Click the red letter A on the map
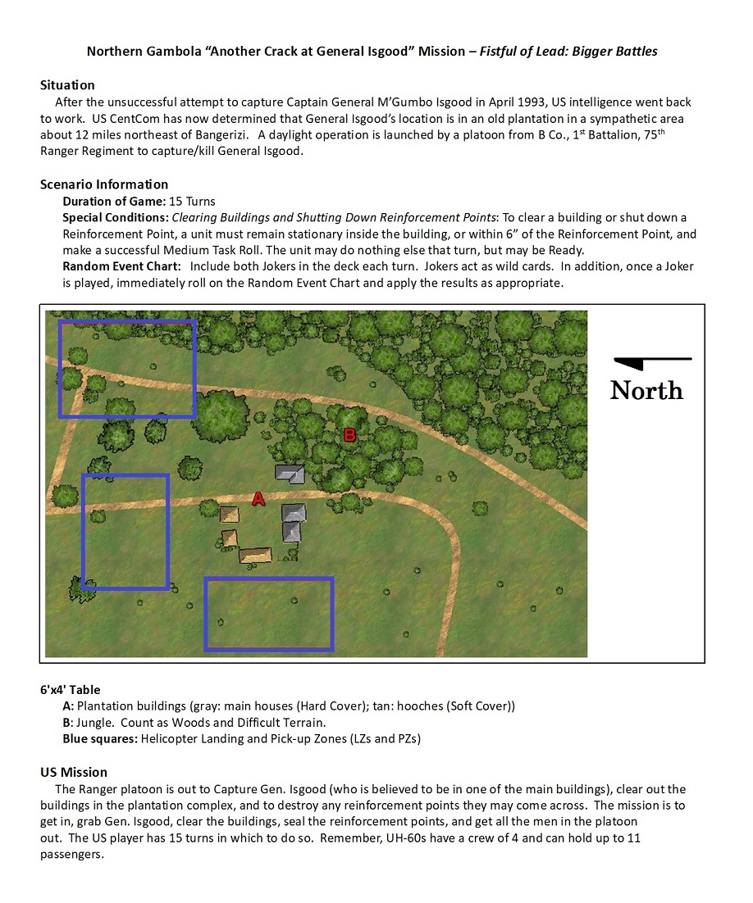coord(258,499)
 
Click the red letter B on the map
coord(349,435)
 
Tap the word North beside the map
coord(646,391)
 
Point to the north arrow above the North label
coord(653,361)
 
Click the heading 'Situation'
coord(67,85)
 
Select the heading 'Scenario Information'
coord(104,184)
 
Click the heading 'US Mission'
coord(74,772)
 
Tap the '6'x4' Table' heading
coord(71,690)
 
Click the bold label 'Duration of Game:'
coord(114,202)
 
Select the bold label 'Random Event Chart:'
coord(121,266)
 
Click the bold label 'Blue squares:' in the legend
coord(100,739)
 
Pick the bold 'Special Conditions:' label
coord(116,218)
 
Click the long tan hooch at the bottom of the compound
coord(255,556)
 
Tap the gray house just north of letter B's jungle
coord(290,474)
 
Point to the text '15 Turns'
coord(192,202)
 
